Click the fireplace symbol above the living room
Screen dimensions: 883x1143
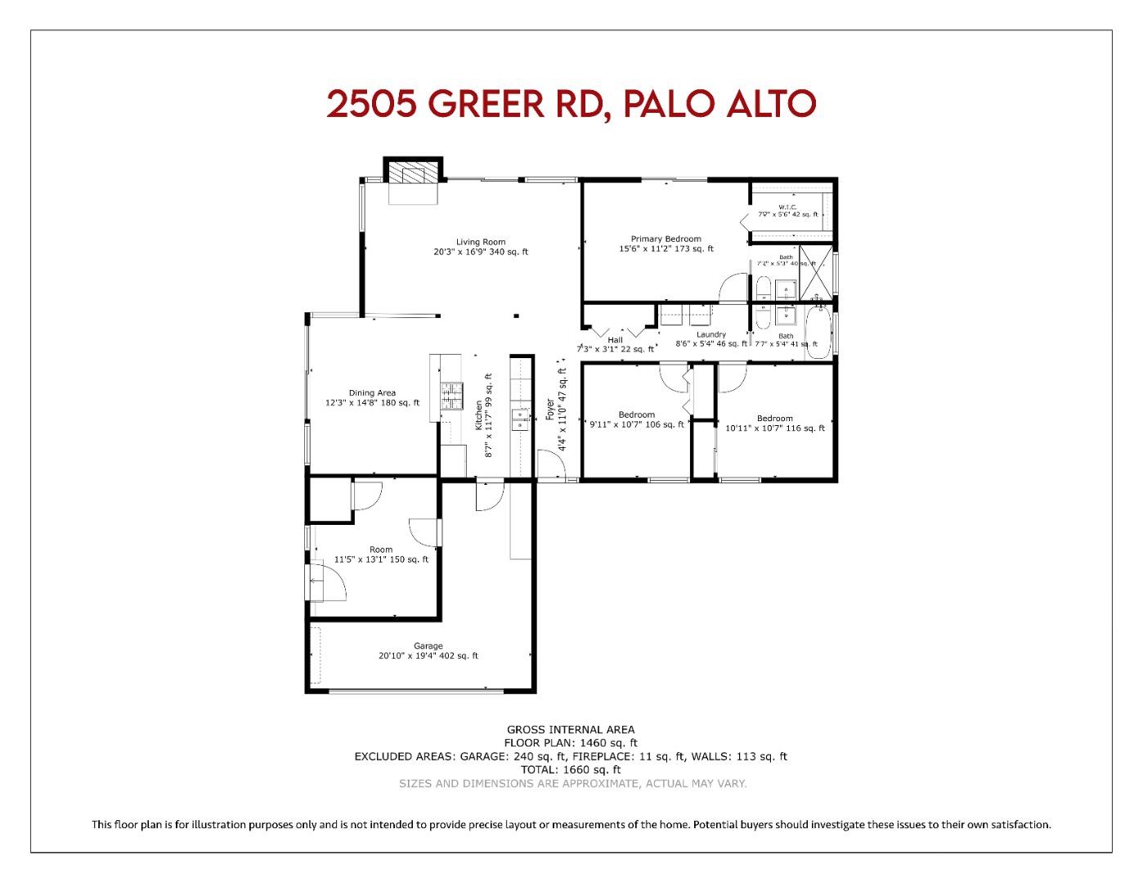click(413, 173)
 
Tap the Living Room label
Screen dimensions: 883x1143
click(481, 242)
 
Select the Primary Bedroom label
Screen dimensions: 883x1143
click(666, 239)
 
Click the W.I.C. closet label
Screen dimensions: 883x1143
click(787, 207)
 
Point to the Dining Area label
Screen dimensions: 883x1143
click(372, 392)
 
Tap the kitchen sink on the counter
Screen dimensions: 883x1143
click(520, 419)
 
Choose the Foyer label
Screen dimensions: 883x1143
click(550, 410)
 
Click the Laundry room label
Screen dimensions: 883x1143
click(711, 334)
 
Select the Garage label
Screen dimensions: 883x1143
click(428, 646)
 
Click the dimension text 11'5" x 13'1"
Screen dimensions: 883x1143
click(381, 560)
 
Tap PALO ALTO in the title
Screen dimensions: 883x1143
click(719, 104)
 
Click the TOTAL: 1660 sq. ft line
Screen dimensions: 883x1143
click(570, 769)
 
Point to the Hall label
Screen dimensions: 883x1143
click(615, 340)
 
